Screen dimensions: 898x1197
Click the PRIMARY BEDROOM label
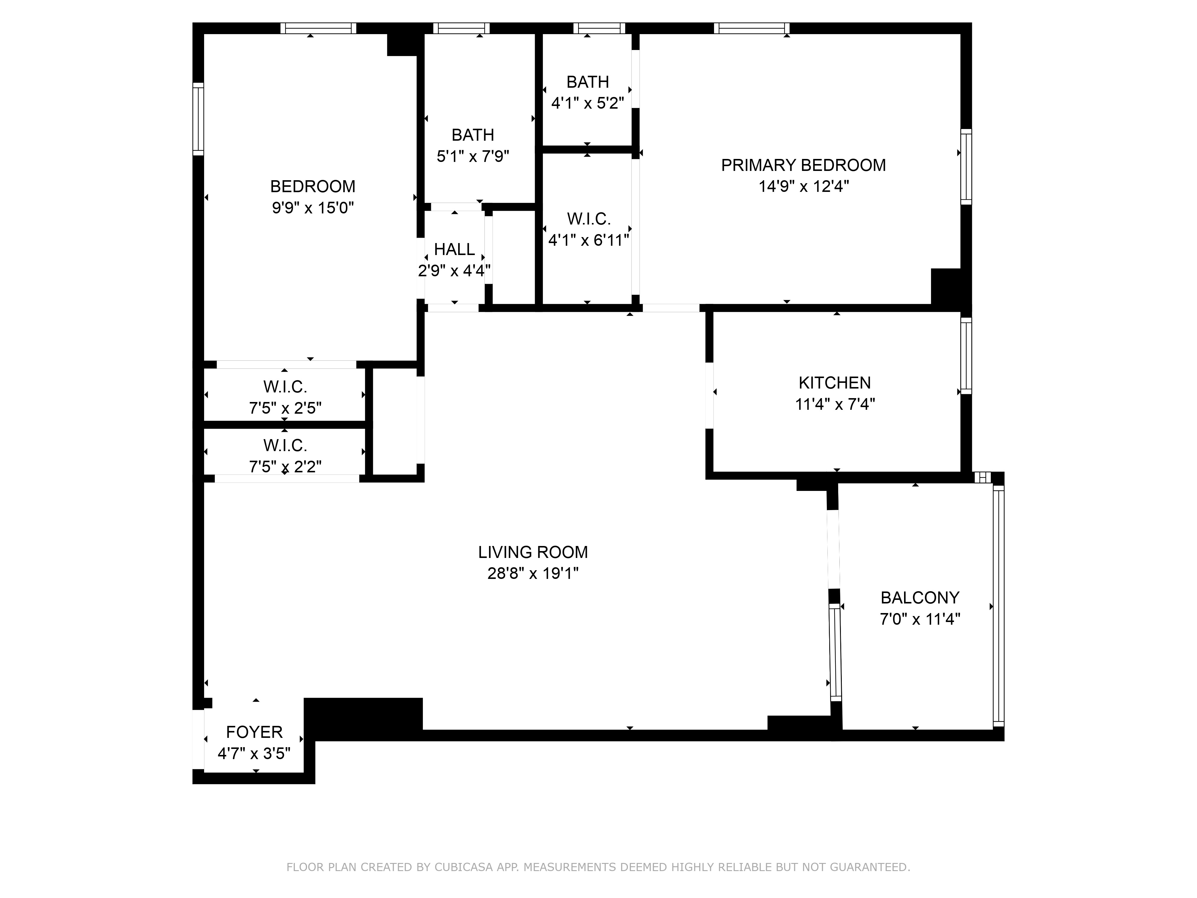pos(803,165)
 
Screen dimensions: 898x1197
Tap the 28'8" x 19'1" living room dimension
pos(533,573)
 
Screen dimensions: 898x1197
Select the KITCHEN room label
pos(834,383)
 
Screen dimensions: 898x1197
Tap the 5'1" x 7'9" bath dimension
pos(473,157)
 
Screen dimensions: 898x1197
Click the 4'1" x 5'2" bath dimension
pos(588,103)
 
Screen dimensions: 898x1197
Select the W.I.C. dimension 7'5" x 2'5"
pos(285,408)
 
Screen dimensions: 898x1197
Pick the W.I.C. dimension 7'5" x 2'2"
pos(285,467)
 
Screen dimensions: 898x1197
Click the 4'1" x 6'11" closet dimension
pos(588,240)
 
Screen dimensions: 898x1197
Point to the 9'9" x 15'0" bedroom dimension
pos(313,208)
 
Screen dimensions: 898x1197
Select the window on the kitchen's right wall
pos(966,356)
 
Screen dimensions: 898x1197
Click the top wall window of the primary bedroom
pos(752,28)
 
